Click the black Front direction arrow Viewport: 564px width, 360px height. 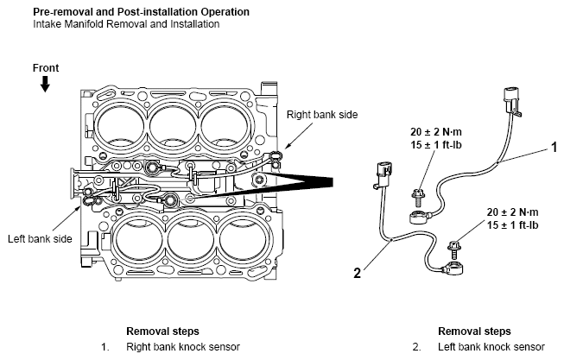(x=45, y=85)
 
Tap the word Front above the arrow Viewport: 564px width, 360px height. (x=46, y=68)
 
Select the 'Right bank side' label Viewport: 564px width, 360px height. (x=322, y=115)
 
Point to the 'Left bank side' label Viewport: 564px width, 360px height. (x=40, y=239)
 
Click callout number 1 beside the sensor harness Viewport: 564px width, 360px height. (x=554, y=147)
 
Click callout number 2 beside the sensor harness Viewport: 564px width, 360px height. (x=357, y=273)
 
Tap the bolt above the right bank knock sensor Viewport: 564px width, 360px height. (x=418, y=198)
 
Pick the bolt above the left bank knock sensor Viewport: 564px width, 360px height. (x=454, y=249)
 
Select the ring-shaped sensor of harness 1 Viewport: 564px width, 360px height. (x=419, y=218)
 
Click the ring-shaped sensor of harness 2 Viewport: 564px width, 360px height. (x=454, y=268)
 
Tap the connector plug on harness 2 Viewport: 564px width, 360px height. (x=383, y=175)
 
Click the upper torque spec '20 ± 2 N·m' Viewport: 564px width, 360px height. (x=436, y=132)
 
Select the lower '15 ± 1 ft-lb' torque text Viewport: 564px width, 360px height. (x=512, y=225)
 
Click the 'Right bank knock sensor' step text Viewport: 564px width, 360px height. (x=183, y=347)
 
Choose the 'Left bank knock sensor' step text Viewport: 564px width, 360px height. (x=491, y=347)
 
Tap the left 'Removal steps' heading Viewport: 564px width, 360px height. (x=162, y=331)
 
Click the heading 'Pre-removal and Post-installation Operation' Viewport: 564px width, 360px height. (x=142, y=12)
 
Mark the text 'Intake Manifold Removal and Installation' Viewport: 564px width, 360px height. (x=126, y=24)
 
